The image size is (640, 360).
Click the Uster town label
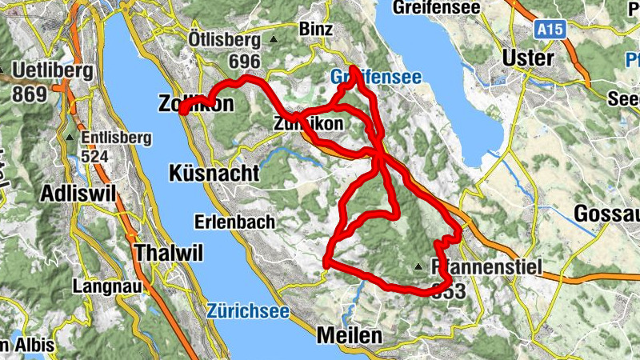point(529,58)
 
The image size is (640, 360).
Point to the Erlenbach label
point(235,221)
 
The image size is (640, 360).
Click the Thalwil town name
point(170,253)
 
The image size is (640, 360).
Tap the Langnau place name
point(102,286)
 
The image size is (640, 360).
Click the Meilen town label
point(350,336)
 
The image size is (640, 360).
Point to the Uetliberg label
point(53,70)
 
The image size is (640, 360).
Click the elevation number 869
point(29,93)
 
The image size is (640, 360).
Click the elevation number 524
point(94,157)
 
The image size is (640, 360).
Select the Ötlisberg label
point(224,39)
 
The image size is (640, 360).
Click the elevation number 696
point(244,62)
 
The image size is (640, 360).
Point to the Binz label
point(314,29)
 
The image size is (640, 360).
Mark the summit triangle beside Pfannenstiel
point(418,267)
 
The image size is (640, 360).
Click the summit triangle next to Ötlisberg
point(274,39)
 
